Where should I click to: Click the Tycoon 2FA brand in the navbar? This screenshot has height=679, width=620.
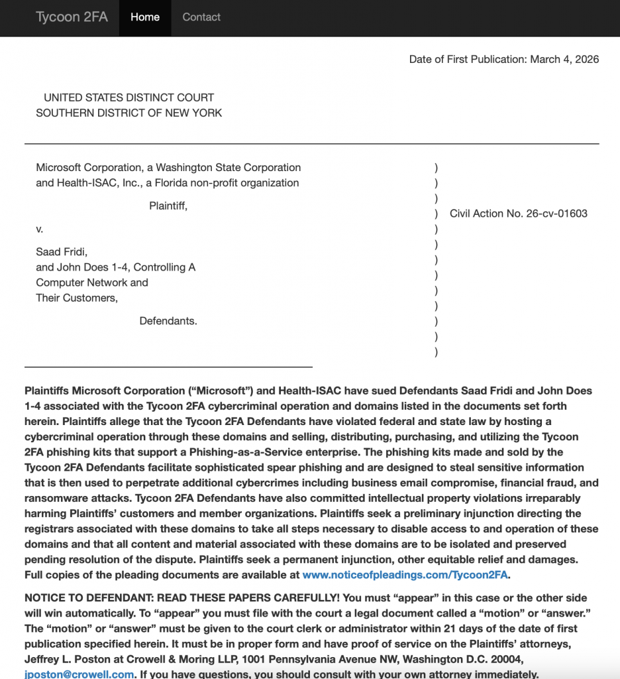(x=72, y=18)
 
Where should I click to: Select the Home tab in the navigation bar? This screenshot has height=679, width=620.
(x=145, y=18)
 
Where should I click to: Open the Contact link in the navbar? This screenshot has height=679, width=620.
(x=201, y=18)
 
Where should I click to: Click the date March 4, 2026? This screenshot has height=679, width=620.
(x=564, y=60)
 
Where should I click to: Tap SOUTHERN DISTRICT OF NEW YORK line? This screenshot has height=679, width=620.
(x=129, y=113)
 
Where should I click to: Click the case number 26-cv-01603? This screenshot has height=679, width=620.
(x=556, y=214)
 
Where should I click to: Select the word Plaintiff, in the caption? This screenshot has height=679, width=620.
(x=168, y=206)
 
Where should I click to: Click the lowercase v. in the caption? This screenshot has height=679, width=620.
(x=40, y=229)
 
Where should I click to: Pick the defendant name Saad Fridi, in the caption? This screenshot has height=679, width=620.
(x=62, y=252)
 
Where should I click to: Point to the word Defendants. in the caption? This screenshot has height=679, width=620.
(x=168, y=322)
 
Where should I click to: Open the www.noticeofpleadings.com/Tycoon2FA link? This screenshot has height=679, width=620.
(x=405, y=575)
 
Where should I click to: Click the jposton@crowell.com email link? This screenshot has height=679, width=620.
(x=79, y=674)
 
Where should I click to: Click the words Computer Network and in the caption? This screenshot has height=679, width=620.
(x=92, y=282)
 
